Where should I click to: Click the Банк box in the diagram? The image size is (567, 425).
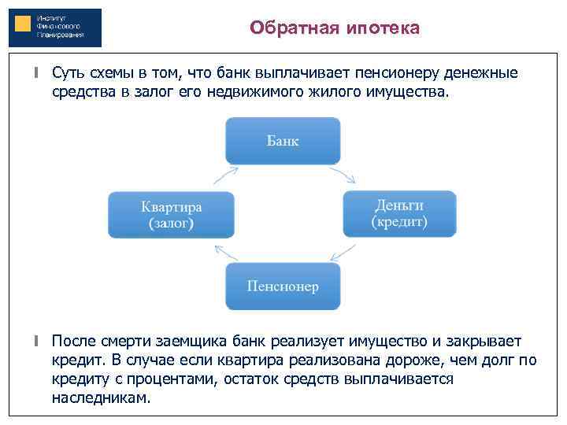tap(283, 141)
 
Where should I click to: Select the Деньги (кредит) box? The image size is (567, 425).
tap(399, 213)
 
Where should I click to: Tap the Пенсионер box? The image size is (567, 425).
tap(283, 286)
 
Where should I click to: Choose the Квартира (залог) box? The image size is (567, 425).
tap(171, 214)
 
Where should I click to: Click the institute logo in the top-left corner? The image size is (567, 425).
tap(55, 28)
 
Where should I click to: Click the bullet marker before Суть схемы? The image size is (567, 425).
tap(36, 74)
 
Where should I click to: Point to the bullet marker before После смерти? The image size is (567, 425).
tap(36, 342)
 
